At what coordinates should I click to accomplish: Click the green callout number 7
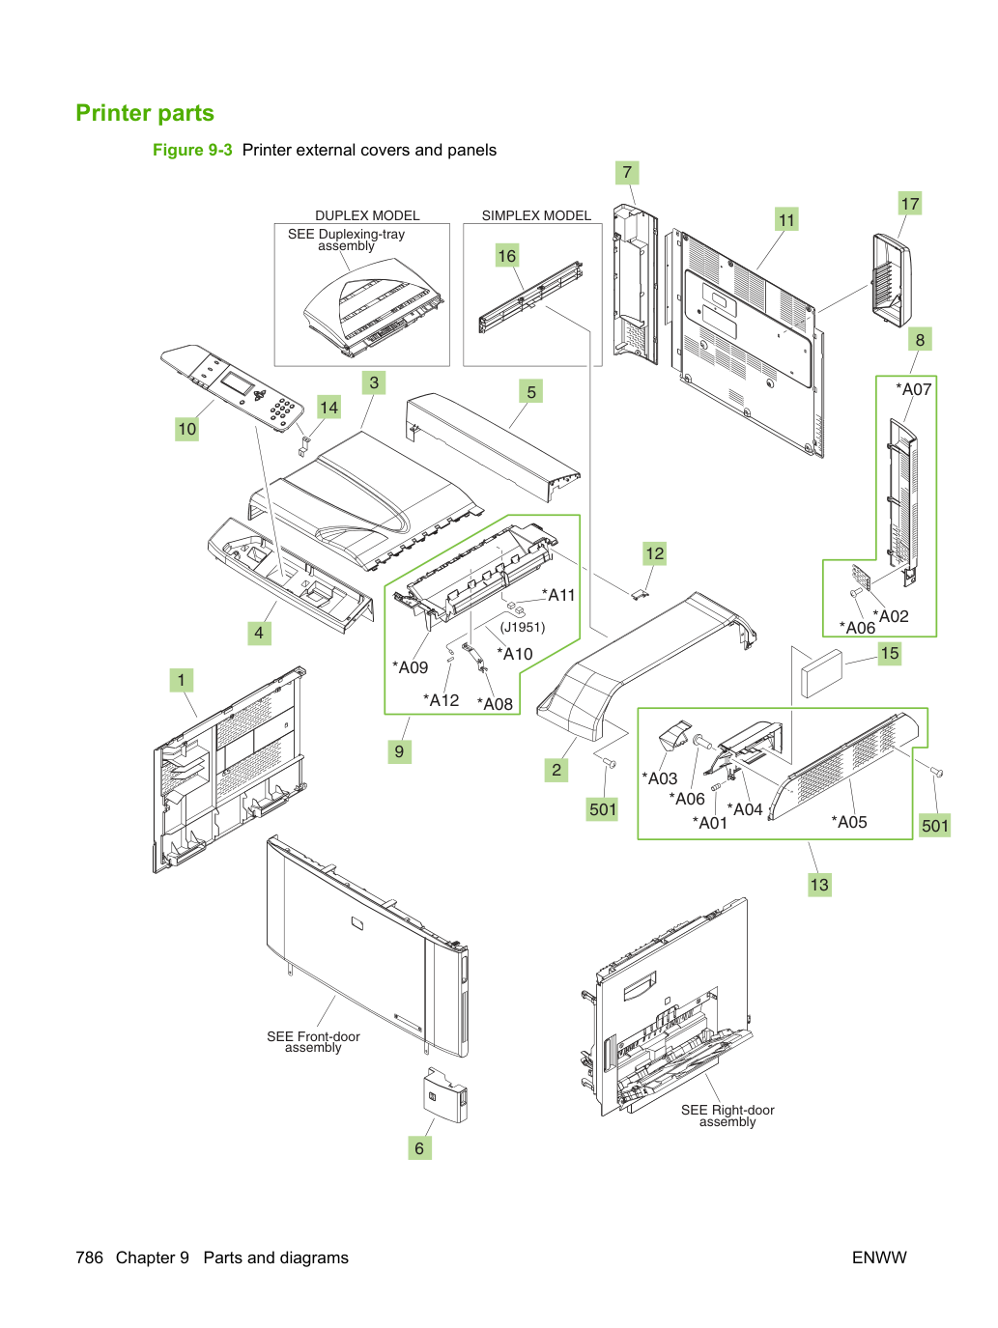tap(627, 173)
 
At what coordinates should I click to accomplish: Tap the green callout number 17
tap(910, 203)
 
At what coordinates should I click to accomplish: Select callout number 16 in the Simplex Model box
tap(506, 255)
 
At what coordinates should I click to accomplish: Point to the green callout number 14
tap(328, 407)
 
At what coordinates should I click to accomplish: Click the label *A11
tap(558, 595)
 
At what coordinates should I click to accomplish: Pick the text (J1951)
tap(523, 627)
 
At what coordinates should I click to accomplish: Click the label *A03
tap(660, 778)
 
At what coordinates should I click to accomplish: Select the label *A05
tap(849, 822)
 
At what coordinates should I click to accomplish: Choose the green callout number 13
tap(819, 885)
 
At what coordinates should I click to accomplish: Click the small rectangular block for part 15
tap(821, 673)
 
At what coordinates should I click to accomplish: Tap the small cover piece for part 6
tap(445, 1095)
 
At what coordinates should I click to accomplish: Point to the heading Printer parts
tap(145, 113)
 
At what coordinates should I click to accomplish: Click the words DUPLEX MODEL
tap(367, 215)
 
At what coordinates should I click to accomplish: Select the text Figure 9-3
tap(192, 150)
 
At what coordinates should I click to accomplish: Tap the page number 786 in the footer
tap(89, 1257)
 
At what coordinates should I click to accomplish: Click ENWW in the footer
tap(879, 1257)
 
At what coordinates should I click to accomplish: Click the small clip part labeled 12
tap(639, 595)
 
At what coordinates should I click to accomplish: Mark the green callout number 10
tap(186, 429)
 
